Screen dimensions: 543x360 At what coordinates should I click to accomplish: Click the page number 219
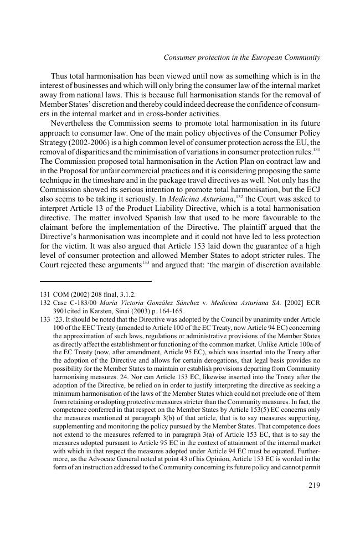pyautogui.click(x=313, y=485)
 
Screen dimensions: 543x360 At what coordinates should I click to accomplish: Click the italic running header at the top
pyautogui.click(x=242, y=57)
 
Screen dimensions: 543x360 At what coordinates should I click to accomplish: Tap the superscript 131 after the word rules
pyautogui.click(x=316, y=149)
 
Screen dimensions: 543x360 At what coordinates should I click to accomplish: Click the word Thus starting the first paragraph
pyautogui.click(x=60, y=76)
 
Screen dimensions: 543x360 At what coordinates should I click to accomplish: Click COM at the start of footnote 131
pyautogui.click(x=61, y=294)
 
